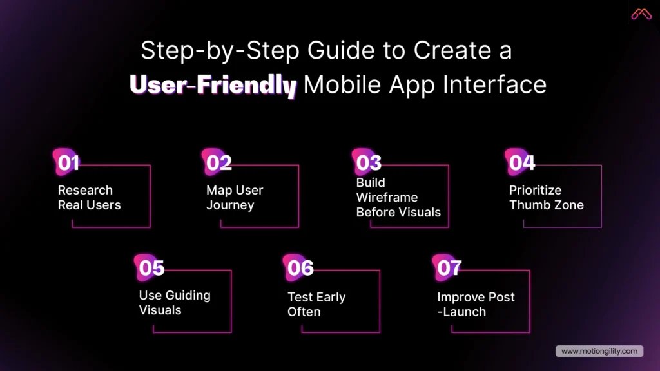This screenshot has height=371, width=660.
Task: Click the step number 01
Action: click(68, 163)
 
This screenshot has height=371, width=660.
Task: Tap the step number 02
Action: click(218, 163)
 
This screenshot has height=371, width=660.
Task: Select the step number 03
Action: click(369, 163)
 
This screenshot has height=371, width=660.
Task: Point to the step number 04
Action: click(521, 163)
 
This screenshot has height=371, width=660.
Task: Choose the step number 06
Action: click(300, 267)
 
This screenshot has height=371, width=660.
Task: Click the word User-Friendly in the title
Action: click(213, 85)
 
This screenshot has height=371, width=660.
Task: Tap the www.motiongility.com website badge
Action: click(599, 351)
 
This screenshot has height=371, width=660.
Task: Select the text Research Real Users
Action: click(89, 198)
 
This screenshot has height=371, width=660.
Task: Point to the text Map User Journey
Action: click(235, 198)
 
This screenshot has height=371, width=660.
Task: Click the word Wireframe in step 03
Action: click(387, 197)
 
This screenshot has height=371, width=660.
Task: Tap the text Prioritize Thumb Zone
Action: click(546, 198)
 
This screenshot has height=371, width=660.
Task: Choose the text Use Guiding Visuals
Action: click(175, 302)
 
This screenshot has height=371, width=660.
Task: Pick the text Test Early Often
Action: click(316, 304)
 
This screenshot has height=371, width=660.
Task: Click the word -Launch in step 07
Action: click(461, 312)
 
